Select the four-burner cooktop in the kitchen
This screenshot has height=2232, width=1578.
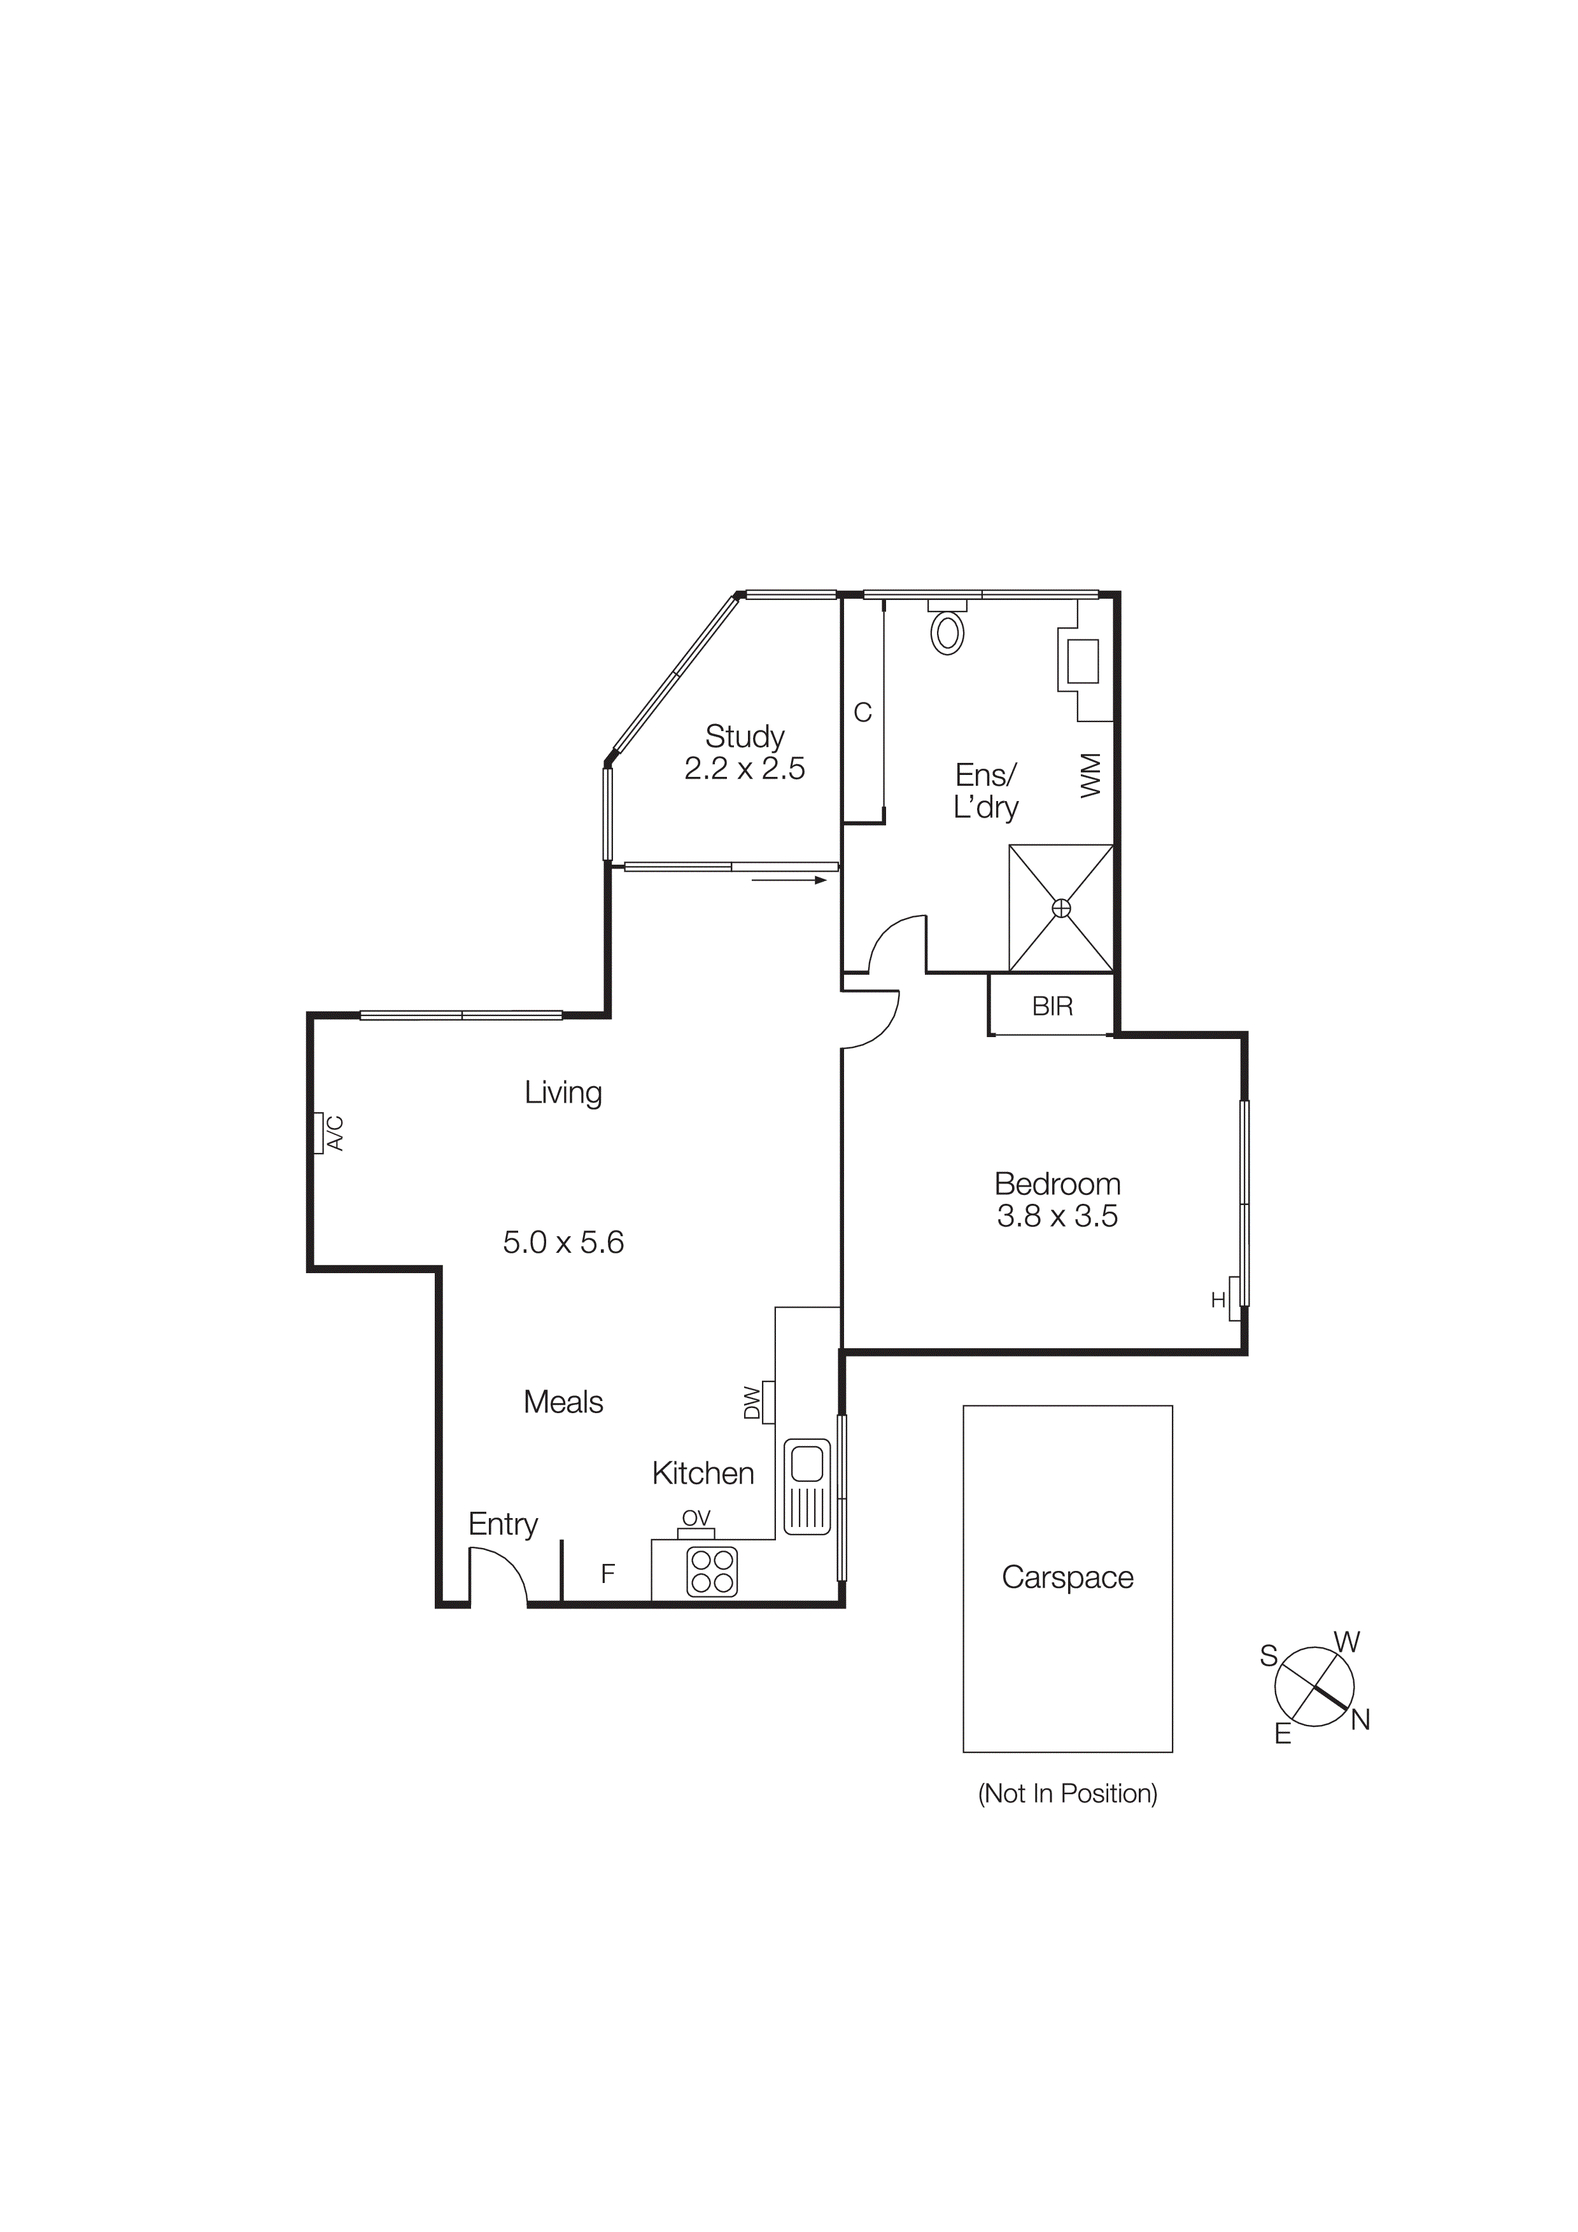(x=712, y=1572)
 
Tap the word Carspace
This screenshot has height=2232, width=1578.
(x=1067, y=1577)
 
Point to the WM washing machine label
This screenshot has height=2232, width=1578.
(x=1091, y=775)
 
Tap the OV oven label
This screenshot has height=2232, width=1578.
(x=696, y=1519)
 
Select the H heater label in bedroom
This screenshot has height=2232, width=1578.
(x=1217, y=1301)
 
